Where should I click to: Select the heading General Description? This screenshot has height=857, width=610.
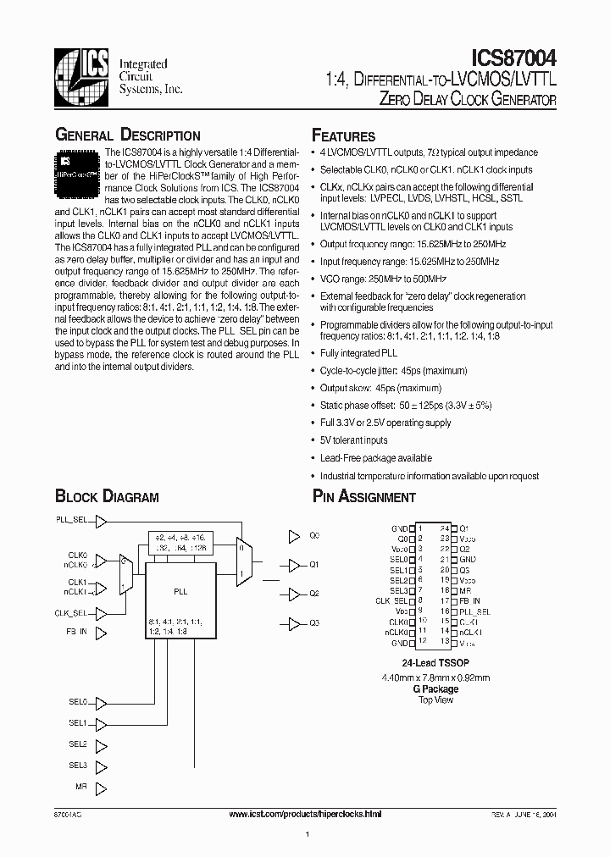(x=128, y=135)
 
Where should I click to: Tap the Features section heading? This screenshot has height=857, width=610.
(x=344, y=135)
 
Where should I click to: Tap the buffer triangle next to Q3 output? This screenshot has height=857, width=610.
(x=294, y=623)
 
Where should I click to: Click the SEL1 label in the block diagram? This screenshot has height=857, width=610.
(x=77, y=722)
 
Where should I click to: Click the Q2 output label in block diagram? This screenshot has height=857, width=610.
(x=314, y=593)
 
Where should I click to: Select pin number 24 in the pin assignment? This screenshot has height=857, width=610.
(x=444, y=528)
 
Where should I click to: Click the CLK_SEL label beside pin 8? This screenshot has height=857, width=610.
(x=391, y=600)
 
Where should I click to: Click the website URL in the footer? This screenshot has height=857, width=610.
(x=306, y=814)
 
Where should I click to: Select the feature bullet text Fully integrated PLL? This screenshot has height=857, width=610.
(x=358, y=352)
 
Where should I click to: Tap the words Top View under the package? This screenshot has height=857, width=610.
(x=436, y=700)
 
